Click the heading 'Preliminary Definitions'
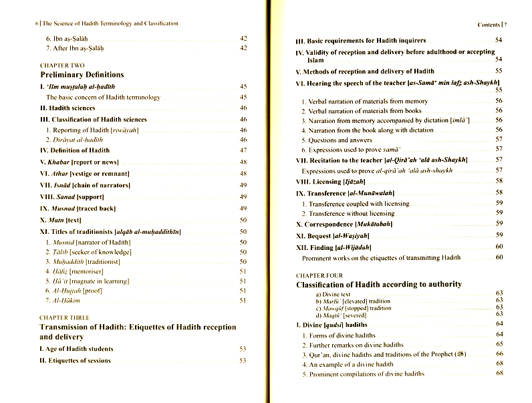pos(82,75)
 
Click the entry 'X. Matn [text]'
pos(60,220)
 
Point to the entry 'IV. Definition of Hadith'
pos(74,151)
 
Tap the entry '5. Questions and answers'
pos(336,140)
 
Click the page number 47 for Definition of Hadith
pos(243,151)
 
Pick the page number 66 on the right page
pos(499,354)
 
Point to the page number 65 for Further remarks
pos(499,344)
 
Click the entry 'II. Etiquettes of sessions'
pos(76,361)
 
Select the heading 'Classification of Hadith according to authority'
pos(379,284)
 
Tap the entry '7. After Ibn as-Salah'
pos(73,48)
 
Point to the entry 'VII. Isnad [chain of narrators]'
pos(86,185)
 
